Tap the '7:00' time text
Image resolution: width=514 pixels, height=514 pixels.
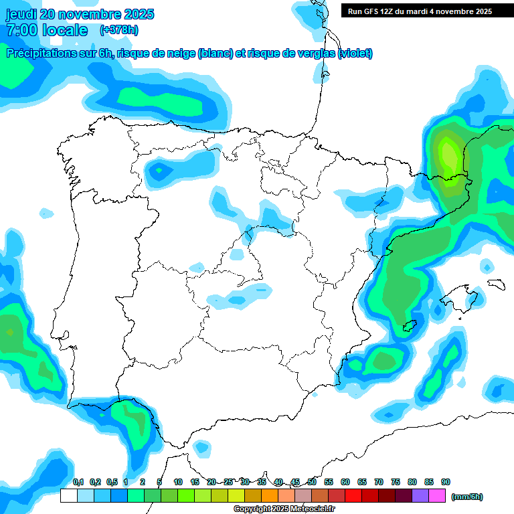pyautogui.click(x=20, y=30)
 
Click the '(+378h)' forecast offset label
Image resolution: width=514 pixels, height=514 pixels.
pyautogui.click(x=119, y=30)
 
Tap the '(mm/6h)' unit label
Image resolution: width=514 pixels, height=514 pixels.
pyautogui.click(x=466, y=497)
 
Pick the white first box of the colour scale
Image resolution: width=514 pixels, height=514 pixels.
pyautogui.click(x=68, y=495)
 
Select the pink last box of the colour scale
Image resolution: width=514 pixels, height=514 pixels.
pyautogui.click(x=437, y=495)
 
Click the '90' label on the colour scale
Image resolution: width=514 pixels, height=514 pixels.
pyautogui.click(x=446, y=482)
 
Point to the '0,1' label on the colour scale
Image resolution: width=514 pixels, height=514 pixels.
pyautogui.click(x=78, y=482)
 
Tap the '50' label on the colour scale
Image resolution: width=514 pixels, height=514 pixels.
pyautogui.click(x=312, y=482)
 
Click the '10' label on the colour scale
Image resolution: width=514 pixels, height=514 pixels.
pyautogui.click(x=178, y=482)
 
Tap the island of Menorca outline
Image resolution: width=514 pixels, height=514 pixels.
pyautogui.click(x=495, y=284)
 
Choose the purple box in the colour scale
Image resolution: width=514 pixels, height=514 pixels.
pyautogui.click(x=420, y=495)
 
